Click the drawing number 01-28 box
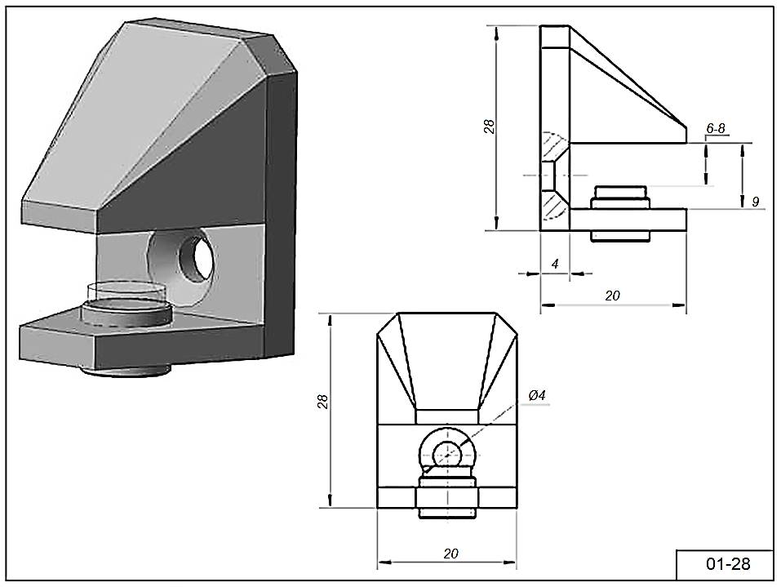point(726,564)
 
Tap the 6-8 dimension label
point(716,129)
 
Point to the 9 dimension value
point(755,200)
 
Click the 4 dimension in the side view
point(555,264)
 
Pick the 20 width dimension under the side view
point(613,296)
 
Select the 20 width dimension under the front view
point(450,553)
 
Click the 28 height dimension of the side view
point(489,127)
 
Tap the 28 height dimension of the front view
point(323,401)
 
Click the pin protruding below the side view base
point(619,235)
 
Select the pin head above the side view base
point(619,197)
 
